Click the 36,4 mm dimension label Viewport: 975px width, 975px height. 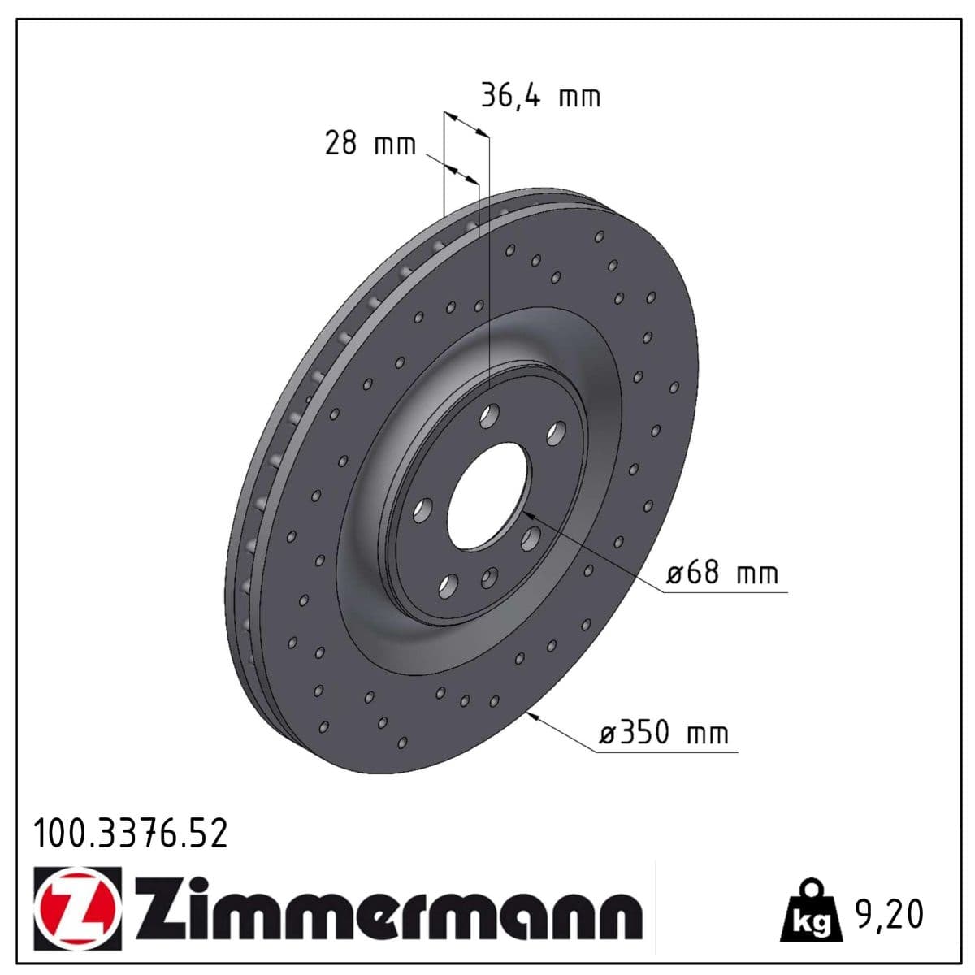[540, 96]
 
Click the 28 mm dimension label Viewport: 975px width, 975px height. [370, 144]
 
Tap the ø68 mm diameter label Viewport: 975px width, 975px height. [721, 573]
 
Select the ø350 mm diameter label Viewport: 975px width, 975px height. [664, 733]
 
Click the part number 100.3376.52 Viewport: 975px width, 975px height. [130, 834]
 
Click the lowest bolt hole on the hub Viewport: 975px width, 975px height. [447, 585]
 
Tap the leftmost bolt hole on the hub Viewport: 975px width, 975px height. [422, 510]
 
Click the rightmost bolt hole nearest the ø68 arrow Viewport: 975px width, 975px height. [531, 537]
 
